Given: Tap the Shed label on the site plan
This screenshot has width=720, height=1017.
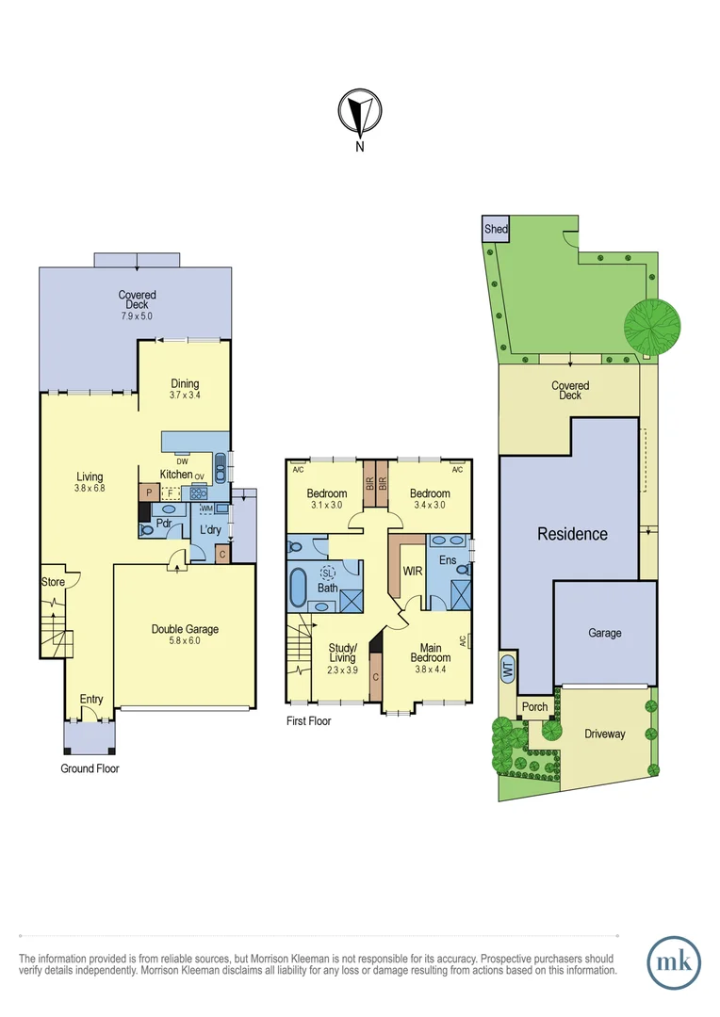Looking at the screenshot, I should (x=495, y=229).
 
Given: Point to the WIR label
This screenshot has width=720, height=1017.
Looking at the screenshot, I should (x=412, y=572).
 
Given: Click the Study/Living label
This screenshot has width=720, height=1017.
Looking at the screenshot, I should (x=342, y=653).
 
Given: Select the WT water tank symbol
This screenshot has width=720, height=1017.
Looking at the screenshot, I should (x=508, y=670).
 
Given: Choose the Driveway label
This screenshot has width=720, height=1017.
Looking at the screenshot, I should (x=604, y=734).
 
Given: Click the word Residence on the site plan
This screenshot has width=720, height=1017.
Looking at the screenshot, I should (x=573, y=534).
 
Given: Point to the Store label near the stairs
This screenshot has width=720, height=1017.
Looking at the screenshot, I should (x=53, y=582).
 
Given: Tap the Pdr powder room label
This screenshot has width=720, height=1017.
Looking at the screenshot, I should (x=163, y=525).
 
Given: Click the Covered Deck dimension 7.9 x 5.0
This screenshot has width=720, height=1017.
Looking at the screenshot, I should (x=137, y=316).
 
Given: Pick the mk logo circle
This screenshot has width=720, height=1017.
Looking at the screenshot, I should (x=674, y=962).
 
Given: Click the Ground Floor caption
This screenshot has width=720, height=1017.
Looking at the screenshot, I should (x=90, y=768).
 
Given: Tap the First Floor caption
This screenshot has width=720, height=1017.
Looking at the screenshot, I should (x=308, y=721).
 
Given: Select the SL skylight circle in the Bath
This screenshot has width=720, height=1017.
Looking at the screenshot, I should (x=328, y=573).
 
